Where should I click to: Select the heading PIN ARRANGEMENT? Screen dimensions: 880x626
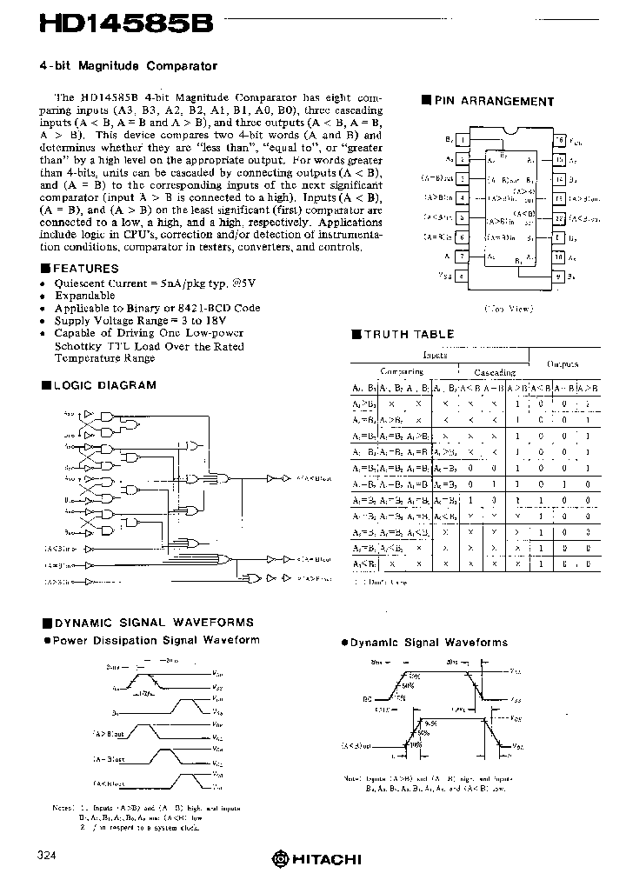pos(493,101)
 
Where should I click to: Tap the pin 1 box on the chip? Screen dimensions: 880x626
pos(463,139)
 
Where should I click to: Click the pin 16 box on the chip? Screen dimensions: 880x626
pos(559,139)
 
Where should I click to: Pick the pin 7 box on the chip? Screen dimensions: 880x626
pos(463,257)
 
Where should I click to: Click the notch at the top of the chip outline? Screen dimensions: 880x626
pos(511,132)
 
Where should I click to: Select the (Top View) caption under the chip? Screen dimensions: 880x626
pos(509,308)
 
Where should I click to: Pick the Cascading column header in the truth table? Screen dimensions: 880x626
pos(494,372)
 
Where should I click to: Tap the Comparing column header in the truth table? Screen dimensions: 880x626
pos(402,372)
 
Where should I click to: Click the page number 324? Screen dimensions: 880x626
pos(49,857)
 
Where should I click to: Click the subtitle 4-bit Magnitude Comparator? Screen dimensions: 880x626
pos(129,65)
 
